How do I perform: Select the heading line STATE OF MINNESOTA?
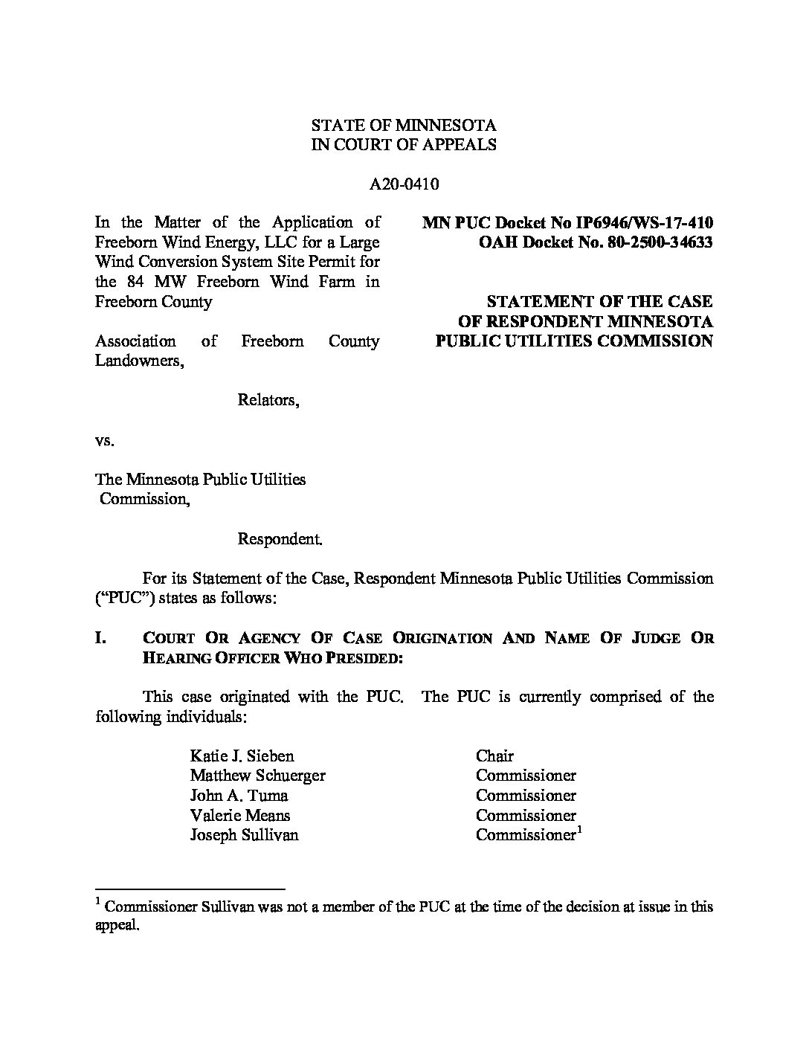pyautogui.click(x=403, y=125)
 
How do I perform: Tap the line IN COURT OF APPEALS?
pyautogui.click(x=403, y=145)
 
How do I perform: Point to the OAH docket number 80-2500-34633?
pyautogui.click(x=656, y=242)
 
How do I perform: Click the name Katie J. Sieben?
pyautogui.click(x=242, y=756)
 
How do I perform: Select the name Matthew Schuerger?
pyautogui.click(x=257, y=776)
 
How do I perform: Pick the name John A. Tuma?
pyautogui.click(x=233, y=796)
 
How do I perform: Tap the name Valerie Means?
pyautogui.click(x=239, y=816)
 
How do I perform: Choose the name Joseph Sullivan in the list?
pyautogui.click(x=244, y=835)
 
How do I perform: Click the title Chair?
pyautogui.click(x=494, y=756)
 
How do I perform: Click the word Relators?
pyautogui.click(x=268, y=400)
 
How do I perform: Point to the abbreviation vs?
pyautogui.click(x=104, y=440)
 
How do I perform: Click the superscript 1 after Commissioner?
pyautogui.click(x=578, y=830)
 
